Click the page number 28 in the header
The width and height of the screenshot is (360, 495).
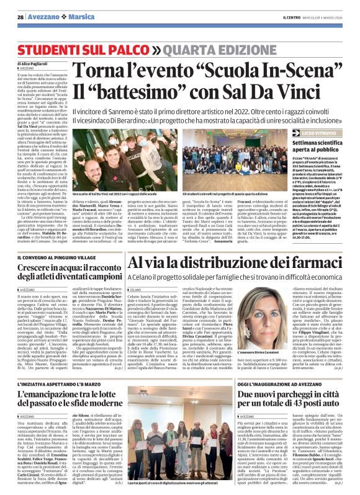click(20, 17)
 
